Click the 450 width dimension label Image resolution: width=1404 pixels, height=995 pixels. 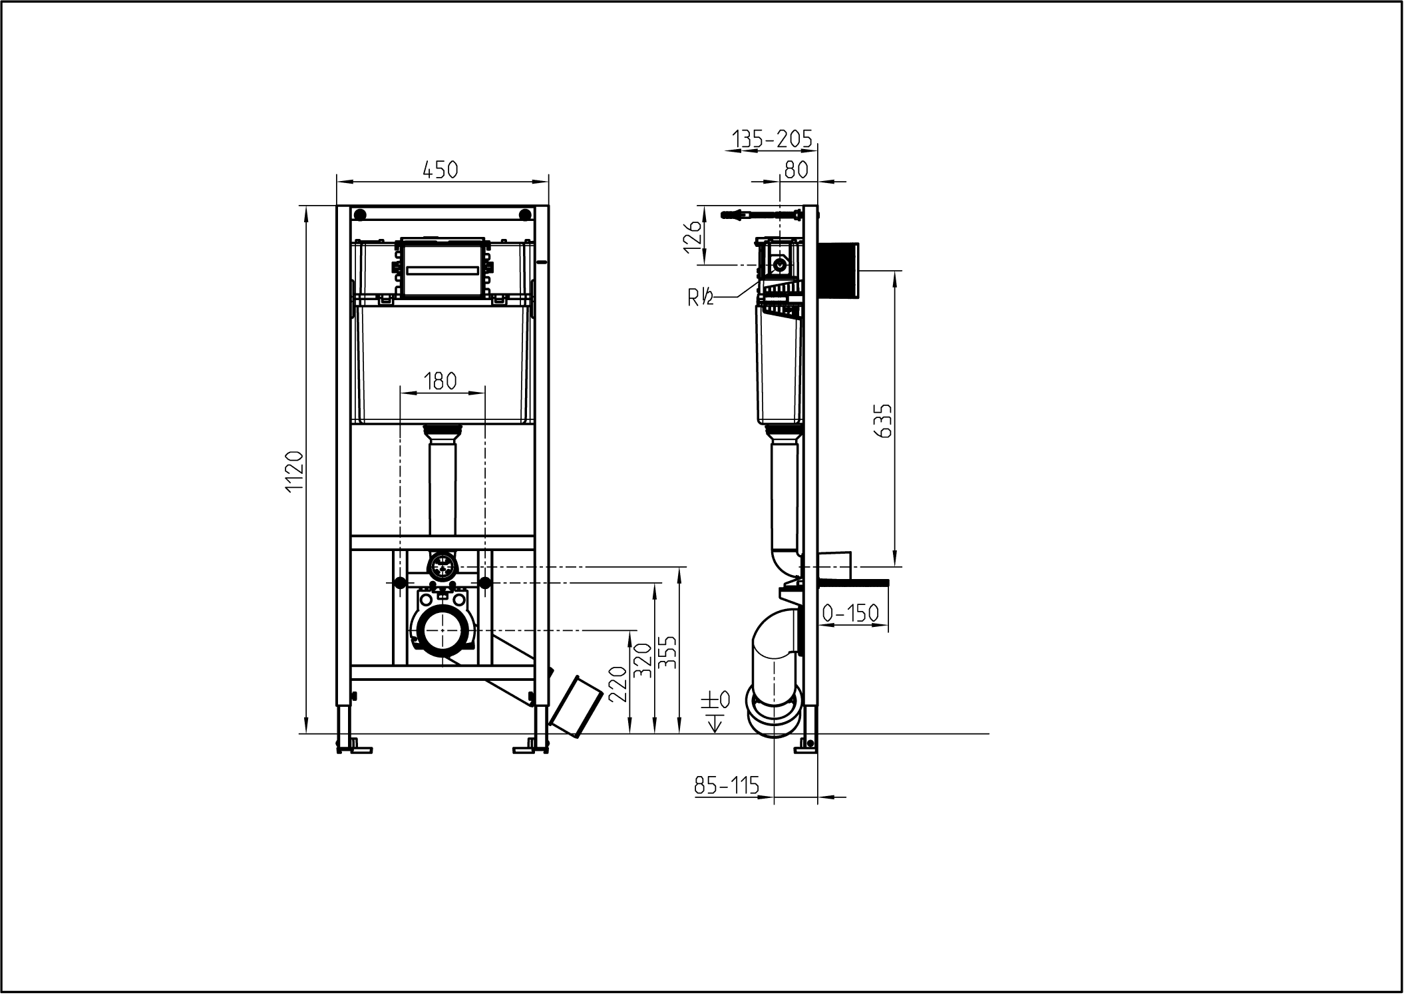pos(441,170)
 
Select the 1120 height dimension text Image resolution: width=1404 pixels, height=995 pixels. pos(294,471)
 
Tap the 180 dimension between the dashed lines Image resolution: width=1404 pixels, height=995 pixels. pos(440,381)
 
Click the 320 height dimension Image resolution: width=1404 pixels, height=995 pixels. pos(642,660)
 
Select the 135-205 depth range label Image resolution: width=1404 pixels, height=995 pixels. pos(772,139)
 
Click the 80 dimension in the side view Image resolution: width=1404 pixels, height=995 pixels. pos(796,170)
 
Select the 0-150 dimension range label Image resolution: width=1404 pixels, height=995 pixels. pos(850,613)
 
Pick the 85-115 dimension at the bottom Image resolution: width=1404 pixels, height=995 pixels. pos(727,787)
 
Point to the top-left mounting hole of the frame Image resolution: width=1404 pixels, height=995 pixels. pos(360,214)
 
